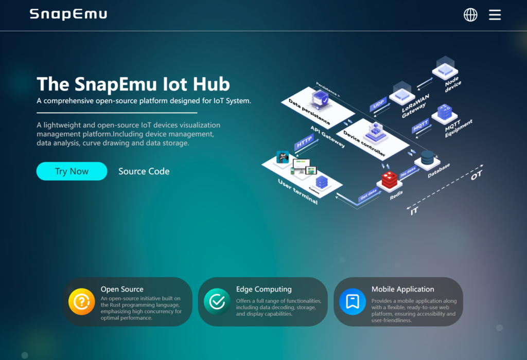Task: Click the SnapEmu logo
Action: click(68, 14)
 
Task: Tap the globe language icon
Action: click(470, 15)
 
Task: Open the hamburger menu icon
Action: click(495, 15)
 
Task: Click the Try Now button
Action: click(72, 171)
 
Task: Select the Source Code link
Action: click(144, 171)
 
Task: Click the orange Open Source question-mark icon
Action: click(82, 302)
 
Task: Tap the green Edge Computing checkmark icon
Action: click(217, 302)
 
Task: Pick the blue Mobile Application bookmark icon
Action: click(353, 302)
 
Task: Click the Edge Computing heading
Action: click(263, 289)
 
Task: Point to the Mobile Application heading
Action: click(402, 289)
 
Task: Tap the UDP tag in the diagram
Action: click(379, 104)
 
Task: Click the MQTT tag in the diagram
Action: click(421, 124)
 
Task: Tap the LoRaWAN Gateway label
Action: click(415, 105)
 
